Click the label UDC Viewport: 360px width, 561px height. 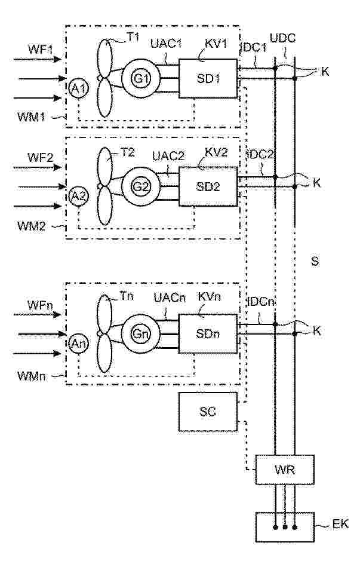click(x=283, y=38)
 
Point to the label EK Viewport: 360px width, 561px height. click(x=340, y=524)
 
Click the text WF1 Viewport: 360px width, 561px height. click(x=41, y=49)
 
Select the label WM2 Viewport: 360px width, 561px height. click(x=31, y=226)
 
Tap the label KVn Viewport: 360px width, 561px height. click(x=209, y=296)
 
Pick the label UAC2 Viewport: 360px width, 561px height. click(x=168, y=156)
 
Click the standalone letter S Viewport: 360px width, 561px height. click(x=315, y=262)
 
